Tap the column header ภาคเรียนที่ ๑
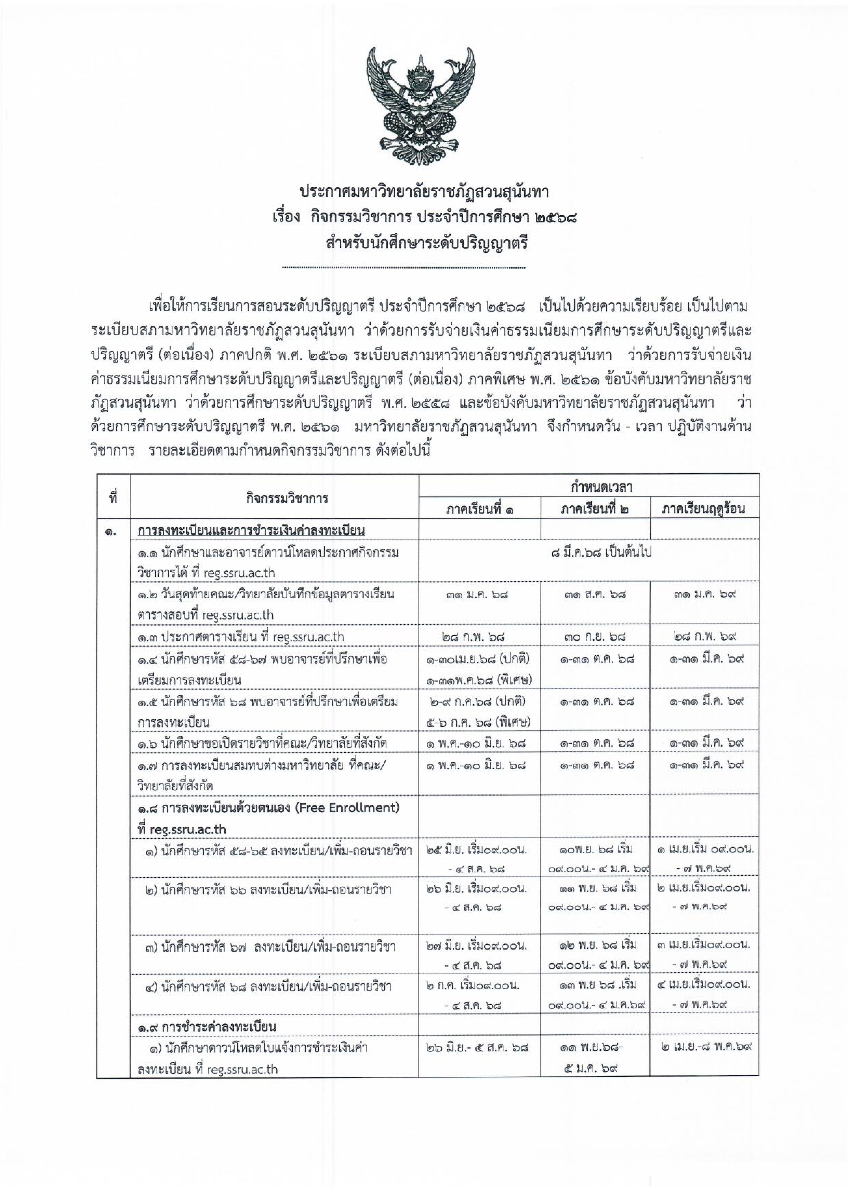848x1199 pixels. [479, 509]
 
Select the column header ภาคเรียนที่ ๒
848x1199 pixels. [595, 509]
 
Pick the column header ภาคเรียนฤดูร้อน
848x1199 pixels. [703, 509]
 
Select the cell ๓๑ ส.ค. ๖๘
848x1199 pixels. [595, 594]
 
